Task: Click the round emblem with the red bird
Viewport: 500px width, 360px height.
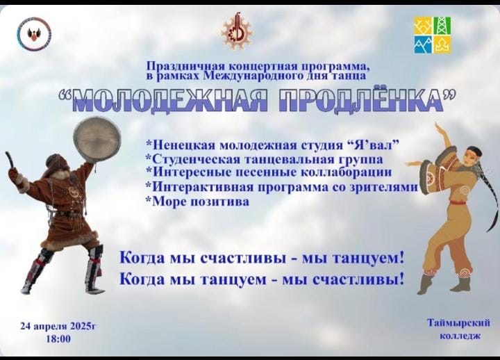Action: pos(35,34)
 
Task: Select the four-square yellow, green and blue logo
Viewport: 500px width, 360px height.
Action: pos(433,35)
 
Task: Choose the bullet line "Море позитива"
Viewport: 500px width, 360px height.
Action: pos(198,202)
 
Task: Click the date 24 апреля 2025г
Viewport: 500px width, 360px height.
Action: pos(58,326)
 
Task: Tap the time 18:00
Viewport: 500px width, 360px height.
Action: pos(58,338)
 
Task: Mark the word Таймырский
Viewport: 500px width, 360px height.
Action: pos(459,323)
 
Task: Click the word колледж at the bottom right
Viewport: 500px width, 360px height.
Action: pos(460,336)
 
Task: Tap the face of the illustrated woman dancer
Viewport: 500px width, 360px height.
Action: pos(469,158)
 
